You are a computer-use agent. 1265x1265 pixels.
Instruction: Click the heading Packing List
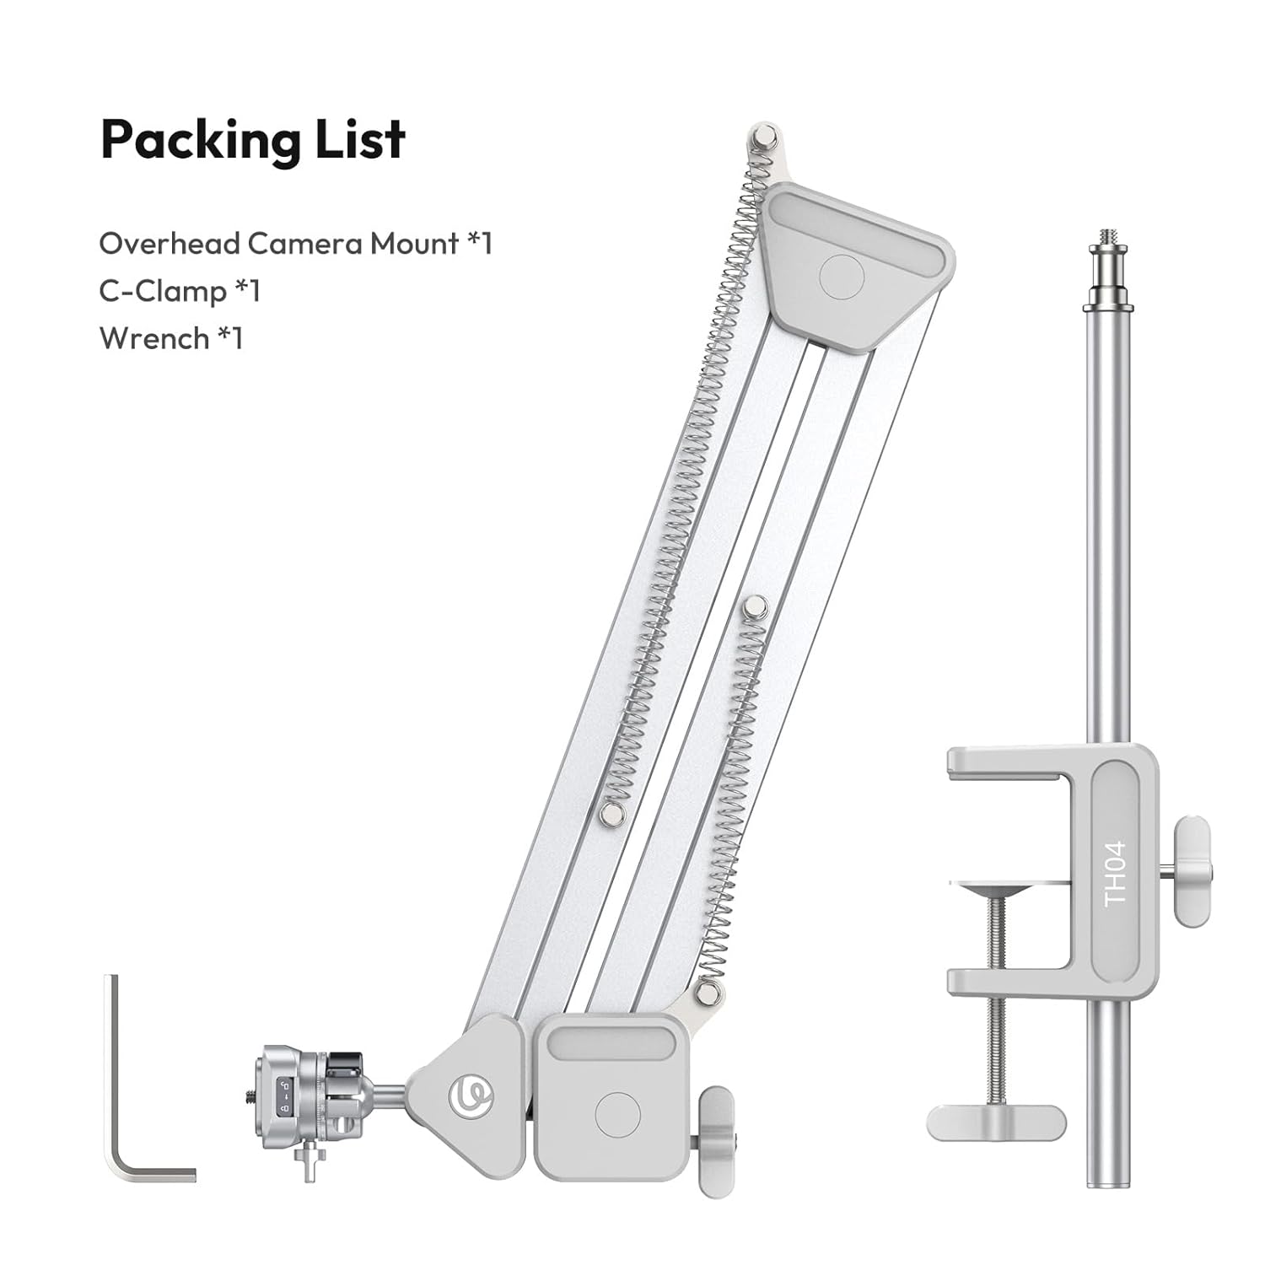(253, 140)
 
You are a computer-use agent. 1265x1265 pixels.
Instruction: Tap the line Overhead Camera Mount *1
(295, 244)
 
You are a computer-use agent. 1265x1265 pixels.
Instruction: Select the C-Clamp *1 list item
(180, 291)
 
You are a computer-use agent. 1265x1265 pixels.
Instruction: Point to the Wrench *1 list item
(171, 338)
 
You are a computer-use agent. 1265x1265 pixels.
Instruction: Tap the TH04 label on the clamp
(1115, 874)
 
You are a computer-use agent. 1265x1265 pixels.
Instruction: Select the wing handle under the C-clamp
(996, 1122)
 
